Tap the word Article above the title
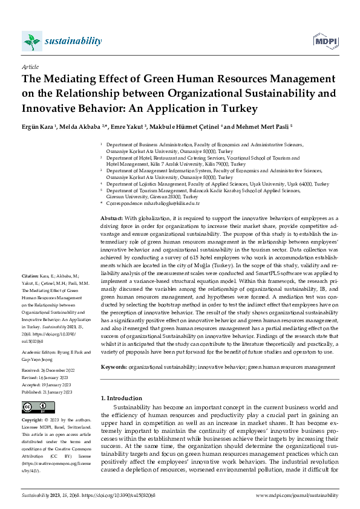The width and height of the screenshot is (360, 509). tap(30, 67)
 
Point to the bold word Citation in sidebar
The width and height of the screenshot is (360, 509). tap(30, 292)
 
